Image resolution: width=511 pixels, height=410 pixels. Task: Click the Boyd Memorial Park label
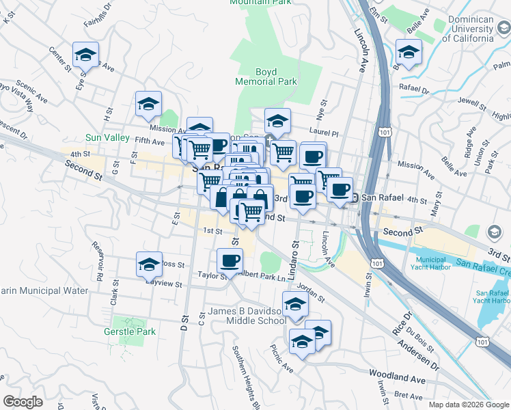point(266,76)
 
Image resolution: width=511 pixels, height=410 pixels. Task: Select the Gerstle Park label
point(135,332)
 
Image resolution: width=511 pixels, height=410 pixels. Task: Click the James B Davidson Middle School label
point(247,316)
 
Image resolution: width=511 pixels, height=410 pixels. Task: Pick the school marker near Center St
point(85,54)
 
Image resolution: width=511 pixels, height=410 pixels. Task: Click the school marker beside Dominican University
point(409,53)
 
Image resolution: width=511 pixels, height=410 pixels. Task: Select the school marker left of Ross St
point(150,264)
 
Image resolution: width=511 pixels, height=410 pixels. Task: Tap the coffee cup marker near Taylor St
point(230,260)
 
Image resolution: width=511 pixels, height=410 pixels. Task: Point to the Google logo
point(23,402)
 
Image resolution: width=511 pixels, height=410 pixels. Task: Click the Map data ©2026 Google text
point(468,405)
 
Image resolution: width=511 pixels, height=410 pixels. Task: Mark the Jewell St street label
point(471,101)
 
